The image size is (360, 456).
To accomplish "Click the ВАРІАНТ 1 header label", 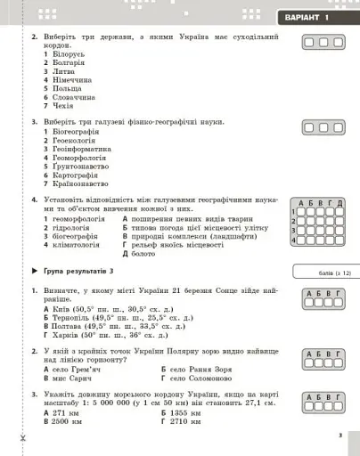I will coord(304,18).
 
